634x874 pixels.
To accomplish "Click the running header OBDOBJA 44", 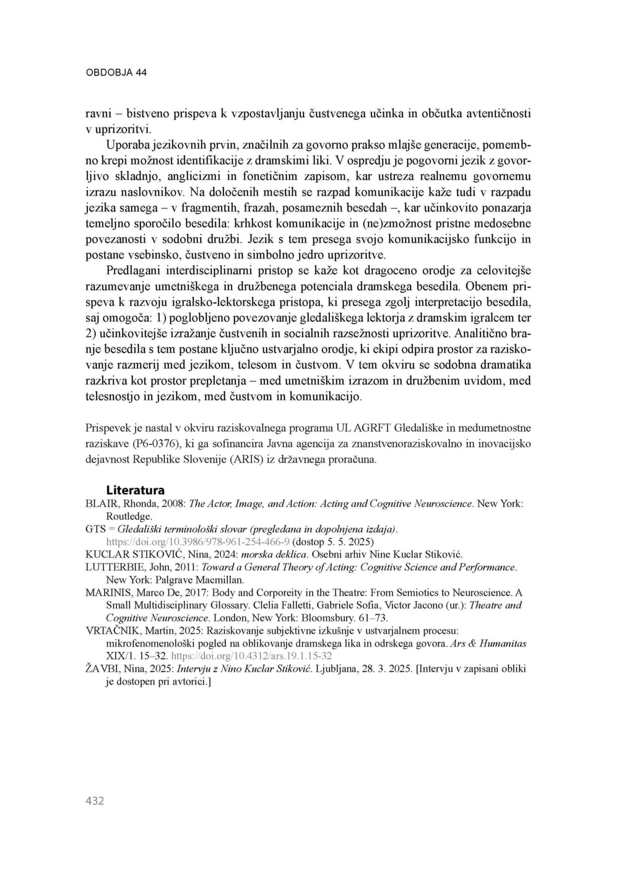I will pyautogui.click(x=116, y=72).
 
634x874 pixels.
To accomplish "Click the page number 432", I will pyautogui.click(x=95, y=800).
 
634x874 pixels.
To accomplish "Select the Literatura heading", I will pyautogui.click(x=136, y=490).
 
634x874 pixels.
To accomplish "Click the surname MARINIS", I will pyautogui.click(x=107, y=593).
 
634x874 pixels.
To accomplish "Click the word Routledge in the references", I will pyautogui.click(x=129, y=516).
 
